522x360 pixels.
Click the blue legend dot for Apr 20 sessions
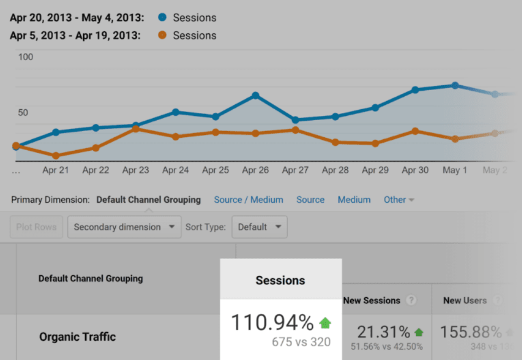coord(162,17)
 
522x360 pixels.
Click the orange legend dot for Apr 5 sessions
coord(162,36)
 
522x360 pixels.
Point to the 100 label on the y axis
coord(25,57)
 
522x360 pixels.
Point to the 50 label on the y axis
coord(22,113)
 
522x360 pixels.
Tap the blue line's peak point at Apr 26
coord(255,96)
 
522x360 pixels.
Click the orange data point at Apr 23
coord(135,129)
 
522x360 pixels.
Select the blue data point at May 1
coord(455,85)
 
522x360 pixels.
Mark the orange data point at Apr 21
coord(56,156)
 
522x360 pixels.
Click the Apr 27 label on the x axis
coord(295,170)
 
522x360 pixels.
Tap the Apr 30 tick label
coord(415,170)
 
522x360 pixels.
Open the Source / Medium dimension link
coord(248,199)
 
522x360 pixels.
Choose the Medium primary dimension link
coord(354,199)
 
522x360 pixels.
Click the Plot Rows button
coord(36,227)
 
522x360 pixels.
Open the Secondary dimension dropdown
coord(124,227)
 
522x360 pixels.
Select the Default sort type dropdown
coord(259,227)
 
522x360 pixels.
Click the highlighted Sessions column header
coord(281,281)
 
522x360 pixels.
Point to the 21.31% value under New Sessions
coord(384,332)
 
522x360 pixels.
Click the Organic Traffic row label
coord(78,337)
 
